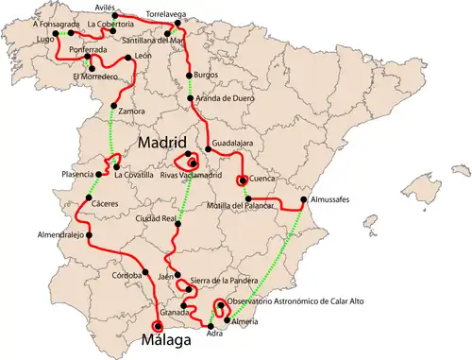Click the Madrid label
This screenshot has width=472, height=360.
[171, 143]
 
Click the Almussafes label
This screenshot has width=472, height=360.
[332, 200]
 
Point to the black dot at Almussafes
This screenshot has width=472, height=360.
[302, 200]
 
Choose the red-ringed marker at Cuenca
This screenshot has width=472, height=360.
[243, 180]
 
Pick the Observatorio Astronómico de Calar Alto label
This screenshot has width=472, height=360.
[295, 301]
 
